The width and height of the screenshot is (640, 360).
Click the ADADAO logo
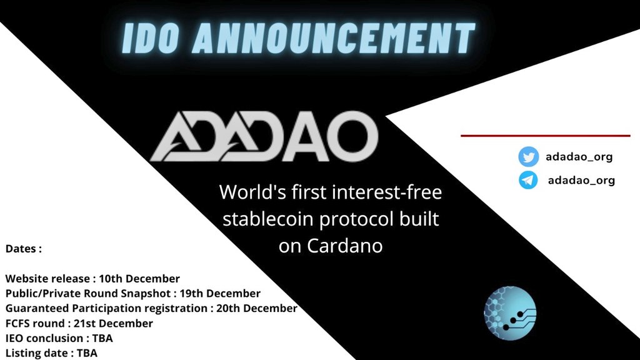click(264, 137)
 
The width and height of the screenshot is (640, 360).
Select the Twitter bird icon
click(528, 157)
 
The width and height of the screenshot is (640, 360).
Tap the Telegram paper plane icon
click(528, 180)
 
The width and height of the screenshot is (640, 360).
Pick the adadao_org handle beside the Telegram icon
click(581, 181)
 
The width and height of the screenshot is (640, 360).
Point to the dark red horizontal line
click(545, 135)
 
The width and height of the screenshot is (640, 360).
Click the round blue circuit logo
click(510, 313)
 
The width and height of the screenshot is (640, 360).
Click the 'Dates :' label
click(24, 248)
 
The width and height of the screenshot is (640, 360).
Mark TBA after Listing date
click(87, 353)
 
